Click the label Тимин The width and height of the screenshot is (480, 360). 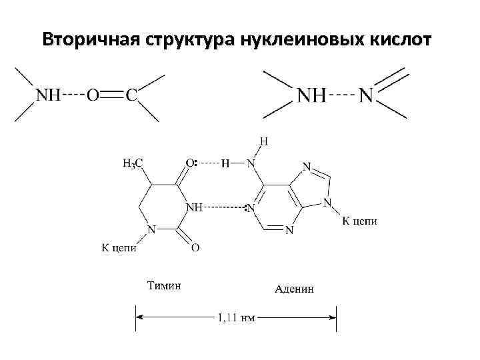point(163,287)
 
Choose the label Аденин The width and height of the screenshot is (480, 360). point(295,289)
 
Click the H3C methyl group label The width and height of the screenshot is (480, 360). point(133,162)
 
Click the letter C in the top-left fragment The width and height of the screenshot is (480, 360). point(132,95)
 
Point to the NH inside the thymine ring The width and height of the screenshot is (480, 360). point(194,207)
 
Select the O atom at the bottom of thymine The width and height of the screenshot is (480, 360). point(195,248)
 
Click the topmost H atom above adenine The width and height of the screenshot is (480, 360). point(264,141)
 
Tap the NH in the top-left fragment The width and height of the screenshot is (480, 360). point(48,95)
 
